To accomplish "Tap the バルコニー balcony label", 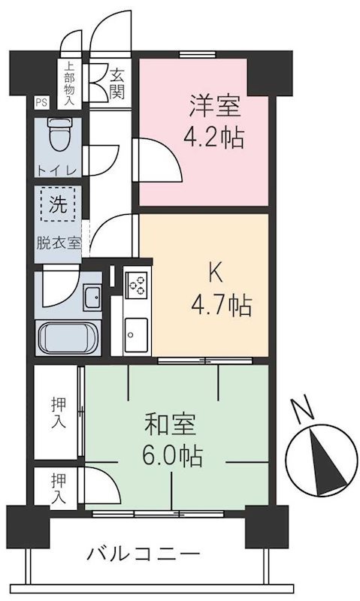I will click(143, 556).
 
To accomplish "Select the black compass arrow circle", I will click(326, 461).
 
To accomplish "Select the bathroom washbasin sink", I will click(91, 298).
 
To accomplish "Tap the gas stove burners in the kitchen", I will click(137, 286).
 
